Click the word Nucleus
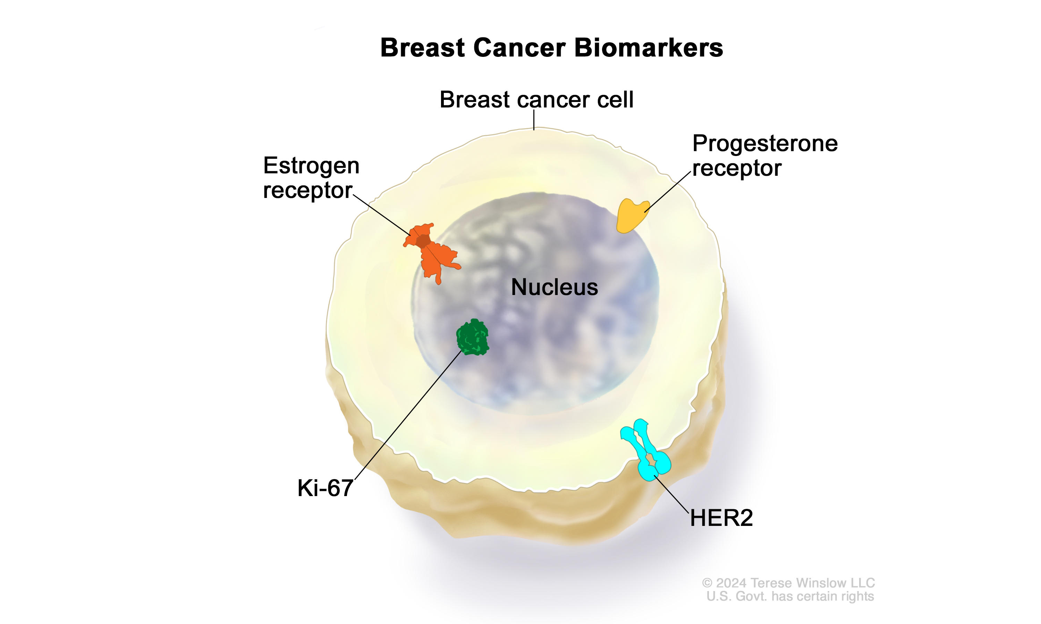[554, 288]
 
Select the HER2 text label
[721, 518]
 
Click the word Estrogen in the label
[311, 166]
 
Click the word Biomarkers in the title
[649, 48]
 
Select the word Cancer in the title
[519, 48]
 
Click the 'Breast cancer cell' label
[536, 100]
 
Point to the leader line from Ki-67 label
[408, 415]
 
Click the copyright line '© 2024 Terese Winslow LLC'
[788, 583]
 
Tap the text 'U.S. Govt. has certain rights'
[790, 596]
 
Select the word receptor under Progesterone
[737, 168]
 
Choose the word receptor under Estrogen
[307, 190]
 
